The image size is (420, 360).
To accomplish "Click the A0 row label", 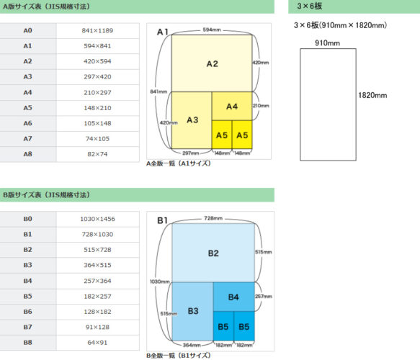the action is (28, 30).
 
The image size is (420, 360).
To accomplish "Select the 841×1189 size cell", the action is (97, 30).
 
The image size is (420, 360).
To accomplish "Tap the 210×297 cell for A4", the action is (97, 93).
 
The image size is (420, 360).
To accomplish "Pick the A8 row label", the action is (28, 154).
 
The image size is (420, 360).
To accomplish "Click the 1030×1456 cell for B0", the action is (97, 219).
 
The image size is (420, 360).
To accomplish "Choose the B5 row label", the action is (28, 297).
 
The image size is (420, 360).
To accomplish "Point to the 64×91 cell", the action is (97, 343).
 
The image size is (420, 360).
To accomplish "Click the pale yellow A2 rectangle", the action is (212, 63).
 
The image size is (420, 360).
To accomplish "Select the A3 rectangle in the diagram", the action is (192, 120).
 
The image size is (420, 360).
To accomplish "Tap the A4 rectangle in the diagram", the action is (232, 106).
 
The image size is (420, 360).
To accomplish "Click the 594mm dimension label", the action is (212, 30).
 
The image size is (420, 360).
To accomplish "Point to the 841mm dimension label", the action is (158, 91).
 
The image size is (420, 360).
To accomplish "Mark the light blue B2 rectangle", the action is (213, 253).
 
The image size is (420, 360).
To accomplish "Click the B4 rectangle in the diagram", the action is (234, 297).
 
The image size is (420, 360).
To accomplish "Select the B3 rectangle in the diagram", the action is (192, 311).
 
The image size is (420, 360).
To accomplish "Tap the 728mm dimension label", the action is (213, 218).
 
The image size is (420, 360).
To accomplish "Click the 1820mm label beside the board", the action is (372, 95).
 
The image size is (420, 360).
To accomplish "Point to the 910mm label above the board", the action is (327, 43).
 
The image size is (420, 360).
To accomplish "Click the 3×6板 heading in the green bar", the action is (310, 6).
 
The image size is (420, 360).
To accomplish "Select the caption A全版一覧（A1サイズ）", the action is (179, 163).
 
